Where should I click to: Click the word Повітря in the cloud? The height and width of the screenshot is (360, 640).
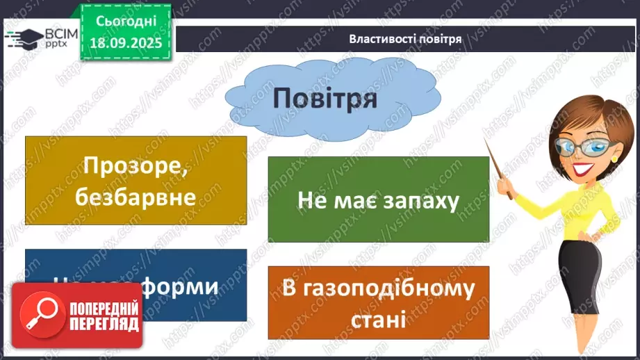325,99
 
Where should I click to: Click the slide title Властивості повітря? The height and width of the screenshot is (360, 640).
405,39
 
